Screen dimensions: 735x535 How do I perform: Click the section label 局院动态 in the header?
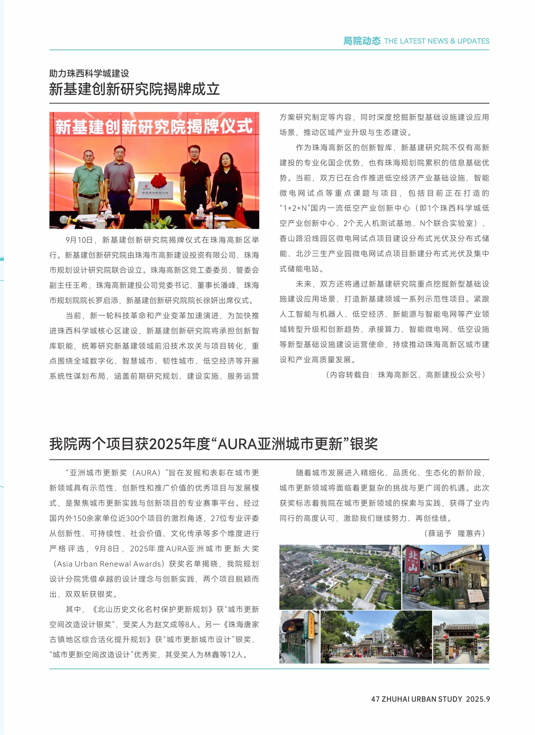tap(362, 41)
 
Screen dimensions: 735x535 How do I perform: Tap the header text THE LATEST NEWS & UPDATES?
tap(437, 41)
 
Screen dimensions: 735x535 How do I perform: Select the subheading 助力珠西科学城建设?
tap(89, 73)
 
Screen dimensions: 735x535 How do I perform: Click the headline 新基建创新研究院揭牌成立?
tap(134, 89)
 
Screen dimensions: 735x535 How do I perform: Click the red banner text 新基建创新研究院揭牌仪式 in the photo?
tap(154, 127)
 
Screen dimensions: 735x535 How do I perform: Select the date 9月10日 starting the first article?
tap(79, 240)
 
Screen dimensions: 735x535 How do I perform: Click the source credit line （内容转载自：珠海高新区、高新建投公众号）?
tap(406, 375)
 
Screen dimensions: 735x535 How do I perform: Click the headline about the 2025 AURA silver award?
tap(213, 444)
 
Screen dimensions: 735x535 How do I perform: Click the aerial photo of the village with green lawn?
tap(340, 577)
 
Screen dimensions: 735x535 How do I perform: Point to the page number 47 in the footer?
tap(375, 699)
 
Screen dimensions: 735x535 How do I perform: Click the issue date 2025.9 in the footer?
tap(478, 699)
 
